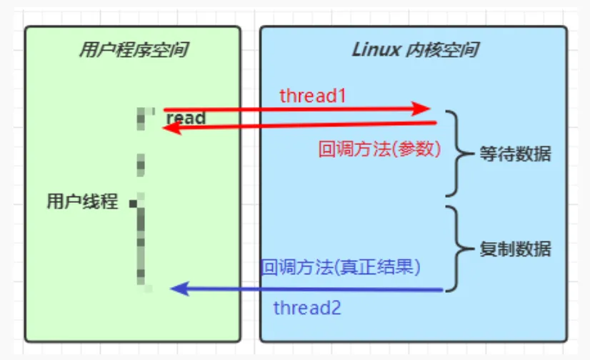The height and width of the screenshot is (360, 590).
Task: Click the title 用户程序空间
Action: pos(134,50)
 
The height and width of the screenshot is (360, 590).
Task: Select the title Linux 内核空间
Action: pos(415,50)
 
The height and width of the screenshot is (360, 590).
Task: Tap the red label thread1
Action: pos(313,95)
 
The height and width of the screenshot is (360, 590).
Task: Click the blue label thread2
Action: pos(307,309)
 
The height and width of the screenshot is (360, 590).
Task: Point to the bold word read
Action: pos(186,118)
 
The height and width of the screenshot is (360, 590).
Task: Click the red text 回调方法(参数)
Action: pos(379,149)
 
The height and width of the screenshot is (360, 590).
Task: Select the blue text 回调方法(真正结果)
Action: pos(340,267)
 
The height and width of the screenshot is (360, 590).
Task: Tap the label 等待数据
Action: pos(515,154)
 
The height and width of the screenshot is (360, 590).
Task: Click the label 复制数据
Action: pos(515,249)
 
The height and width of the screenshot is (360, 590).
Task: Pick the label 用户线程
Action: pos(82,201)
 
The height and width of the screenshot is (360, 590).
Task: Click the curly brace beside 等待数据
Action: pos(454,153)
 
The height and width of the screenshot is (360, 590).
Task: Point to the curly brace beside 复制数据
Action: pos(454,249)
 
